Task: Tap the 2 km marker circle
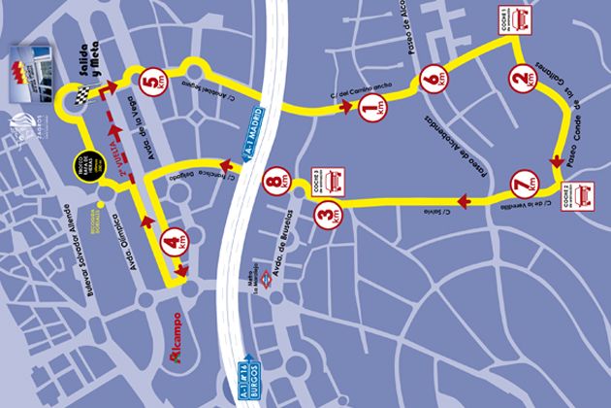pyautogui.click(x=524, y=77)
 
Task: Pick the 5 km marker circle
pyautogui.click(x=151, y=83)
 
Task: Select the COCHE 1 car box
pyautogui.click(x=516, y=26)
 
